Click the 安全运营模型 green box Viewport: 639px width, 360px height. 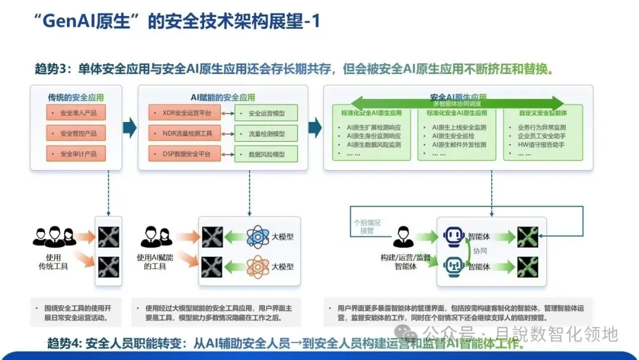(x=266, y=113)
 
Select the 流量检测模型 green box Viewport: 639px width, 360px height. (x=266, y=134)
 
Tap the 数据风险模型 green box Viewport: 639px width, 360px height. (x=266, y=154)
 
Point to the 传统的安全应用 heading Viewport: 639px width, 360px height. (x=76, y=97)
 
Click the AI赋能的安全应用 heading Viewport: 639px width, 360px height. (x=223, y=97)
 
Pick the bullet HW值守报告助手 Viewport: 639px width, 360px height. (x=537, y=144)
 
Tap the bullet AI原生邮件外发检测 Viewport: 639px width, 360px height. (x=459, y=144)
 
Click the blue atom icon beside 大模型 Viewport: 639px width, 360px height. (x=257, y=237)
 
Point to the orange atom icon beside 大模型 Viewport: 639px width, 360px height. (x=257, y=266)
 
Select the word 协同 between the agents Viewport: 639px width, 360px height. (x=480, y=251)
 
